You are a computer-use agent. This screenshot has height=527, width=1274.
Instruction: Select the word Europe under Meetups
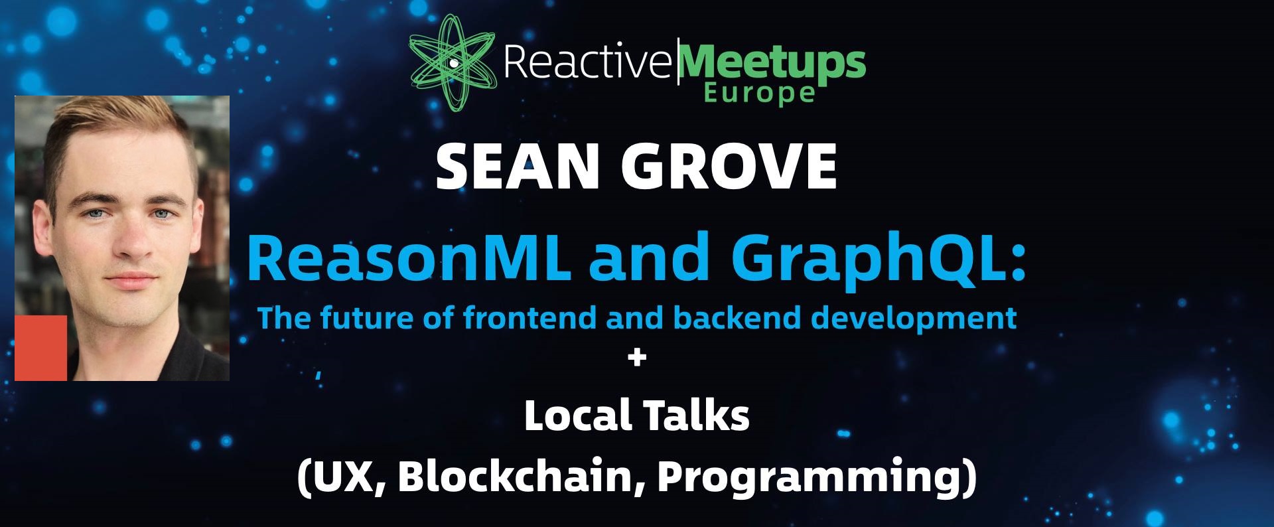point(758,94)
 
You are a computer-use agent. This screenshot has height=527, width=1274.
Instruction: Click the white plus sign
point(636,358)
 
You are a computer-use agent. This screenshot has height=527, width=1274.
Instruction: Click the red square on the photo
point(41,348)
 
